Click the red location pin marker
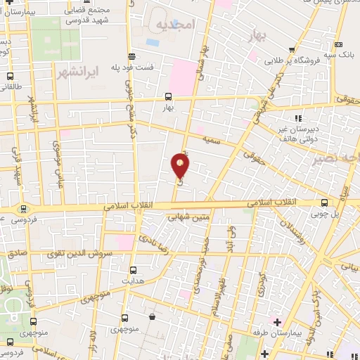[180, 165]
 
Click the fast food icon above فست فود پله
[131, 56]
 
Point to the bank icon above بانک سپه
[339, 44]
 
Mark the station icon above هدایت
[132, 269]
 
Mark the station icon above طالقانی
[10, 76]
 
